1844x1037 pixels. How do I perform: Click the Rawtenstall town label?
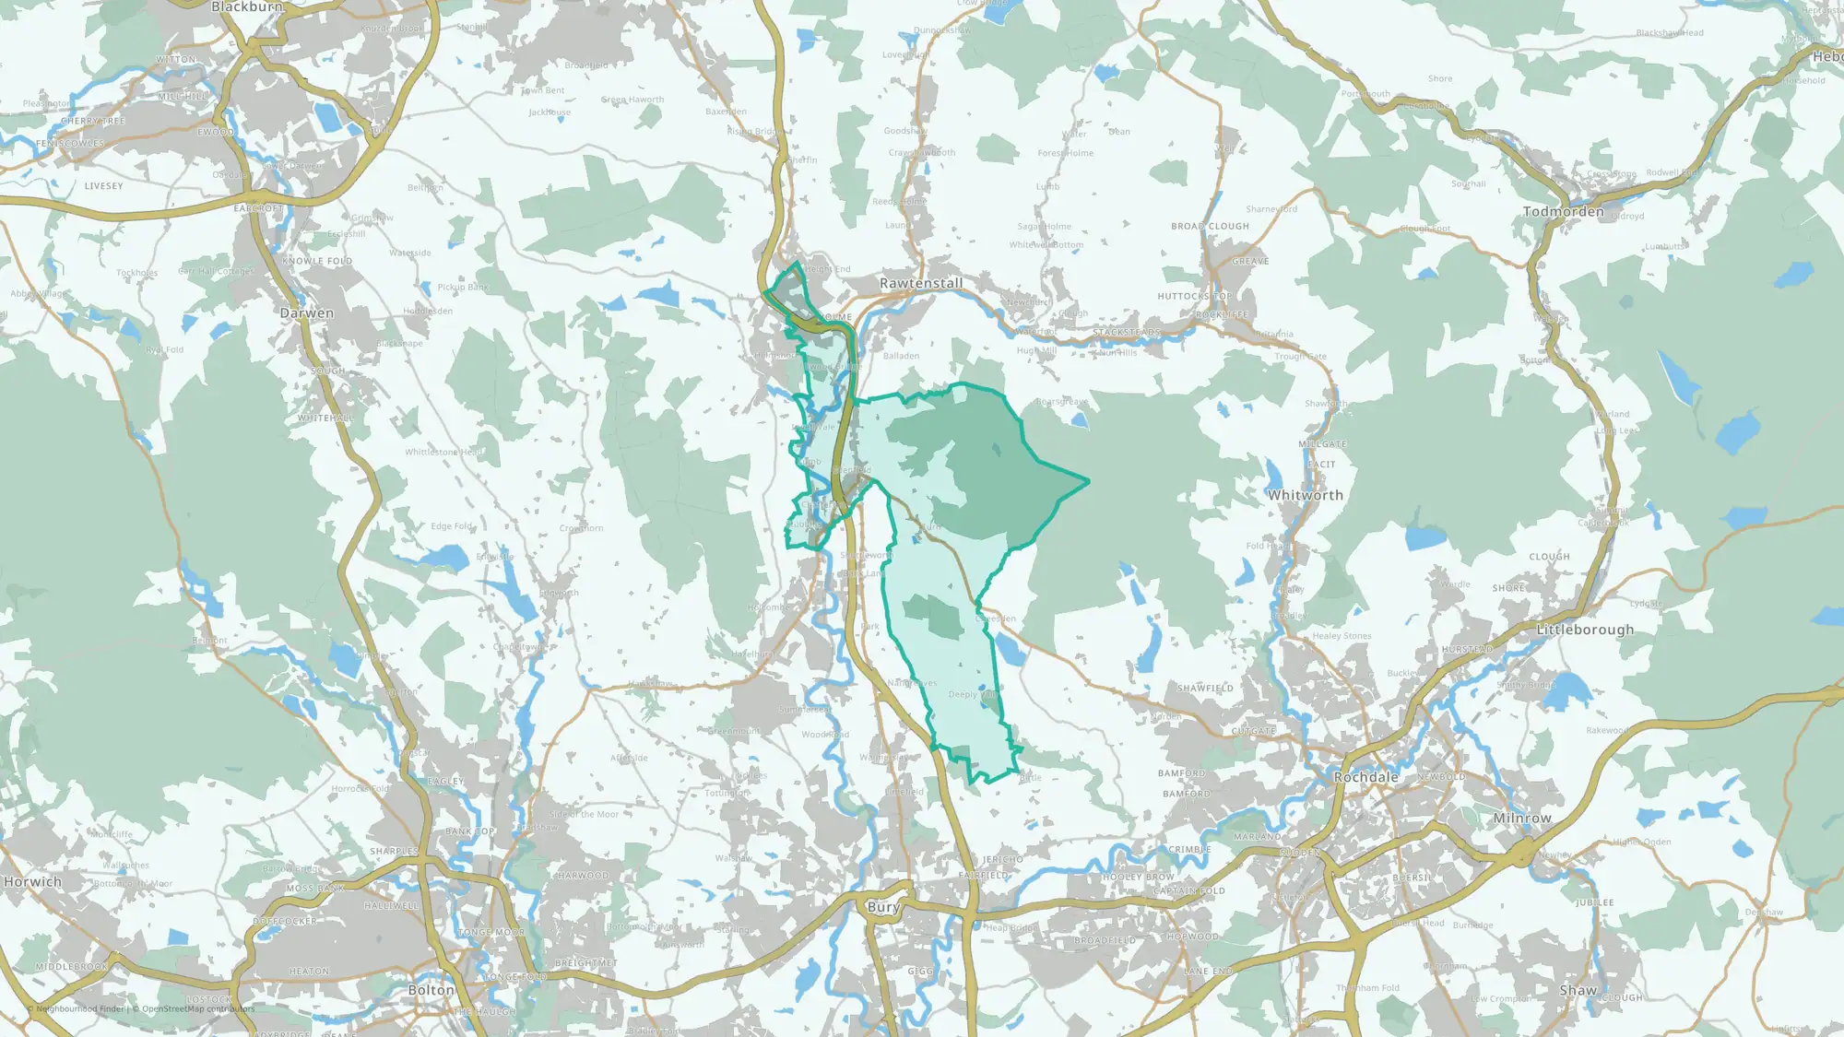920,283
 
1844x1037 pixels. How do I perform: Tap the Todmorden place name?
1563,212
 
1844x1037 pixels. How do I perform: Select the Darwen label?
307,313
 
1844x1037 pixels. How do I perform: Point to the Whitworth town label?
1305,495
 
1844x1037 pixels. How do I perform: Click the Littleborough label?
1584,630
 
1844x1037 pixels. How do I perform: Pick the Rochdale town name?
1365,777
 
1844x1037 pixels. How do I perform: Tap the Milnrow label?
1521,818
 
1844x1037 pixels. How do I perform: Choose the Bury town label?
882,907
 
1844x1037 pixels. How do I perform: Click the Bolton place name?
431,990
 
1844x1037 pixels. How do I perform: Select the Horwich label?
32,882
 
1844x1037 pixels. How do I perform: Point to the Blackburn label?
247,7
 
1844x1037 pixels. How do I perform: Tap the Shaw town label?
1578,990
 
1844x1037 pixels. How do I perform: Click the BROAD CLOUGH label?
1210,226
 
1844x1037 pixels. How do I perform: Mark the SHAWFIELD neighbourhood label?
1204,689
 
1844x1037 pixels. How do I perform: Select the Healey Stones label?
1341,636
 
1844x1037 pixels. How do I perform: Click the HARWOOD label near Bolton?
582,876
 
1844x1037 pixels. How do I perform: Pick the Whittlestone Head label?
443,452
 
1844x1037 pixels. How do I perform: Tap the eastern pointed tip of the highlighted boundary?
1088,480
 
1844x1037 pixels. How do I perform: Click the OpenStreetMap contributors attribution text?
193,1008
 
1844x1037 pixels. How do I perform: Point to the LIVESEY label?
103,186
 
